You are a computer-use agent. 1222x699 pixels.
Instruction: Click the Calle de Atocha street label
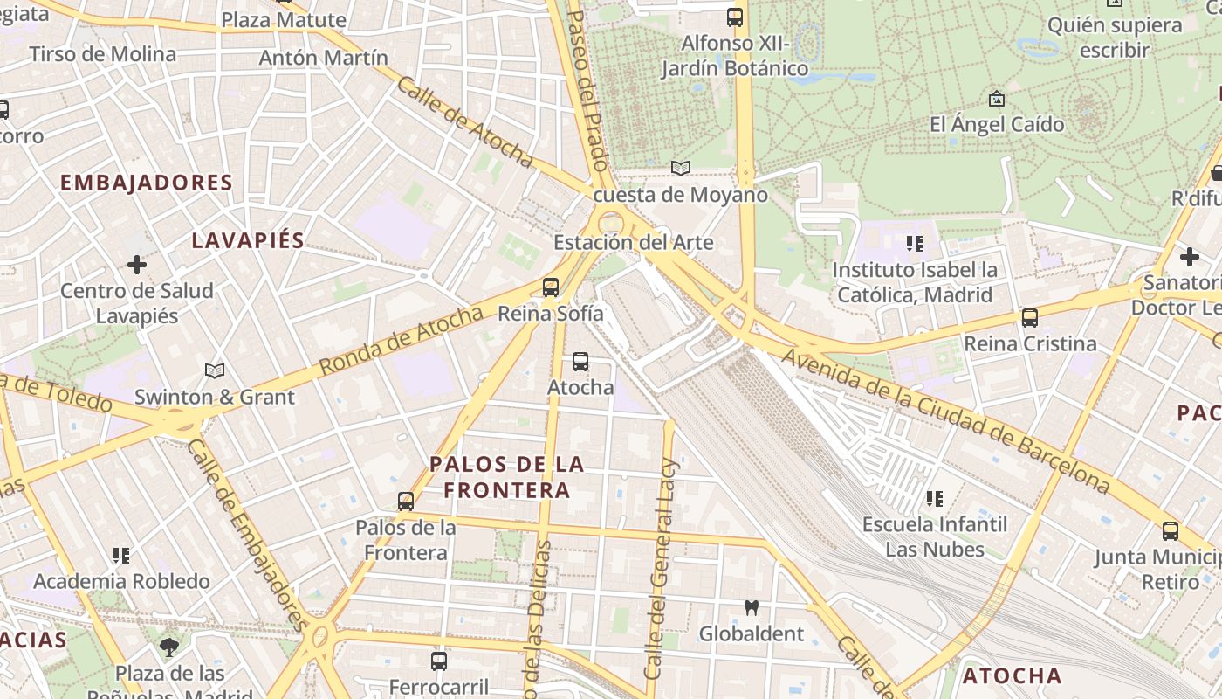463,121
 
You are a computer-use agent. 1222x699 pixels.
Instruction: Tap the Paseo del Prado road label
587,87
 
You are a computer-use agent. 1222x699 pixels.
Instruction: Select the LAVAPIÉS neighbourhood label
248,241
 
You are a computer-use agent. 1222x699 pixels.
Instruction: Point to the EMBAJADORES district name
146,183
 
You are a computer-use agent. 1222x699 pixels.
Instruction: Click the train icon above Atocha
580,362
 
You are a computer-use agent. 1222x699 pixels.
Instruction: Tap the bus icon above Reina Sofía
550,287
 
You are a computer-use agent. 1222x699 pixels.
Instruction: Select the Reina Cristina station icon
1030,318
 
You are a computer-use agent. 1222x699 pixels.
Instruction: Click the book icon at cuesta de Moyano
680,168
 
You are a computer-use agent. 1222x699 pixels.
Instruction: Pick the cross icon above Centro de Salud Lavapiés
137,264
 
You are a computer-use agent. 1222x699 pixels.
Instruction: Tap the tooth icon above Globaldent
750,607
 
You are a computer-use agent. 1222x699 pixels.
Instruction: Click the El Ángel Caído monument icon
996,99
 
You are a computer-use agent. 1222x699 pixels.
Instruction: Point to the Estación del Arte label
634,242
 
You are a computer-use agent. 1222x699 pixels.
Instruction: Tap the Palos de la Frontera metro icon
405,502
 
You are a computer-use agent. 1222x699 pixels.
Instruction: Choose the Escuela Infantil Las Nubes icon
934,499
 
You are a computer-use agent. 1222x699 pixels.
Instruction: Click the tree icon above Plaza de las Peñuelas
169,647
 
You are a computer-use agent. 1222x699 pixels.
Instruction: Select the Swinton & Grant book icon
214,370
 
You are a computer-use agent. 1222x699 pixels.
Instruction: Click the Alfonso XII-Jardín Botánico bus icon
734,17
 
